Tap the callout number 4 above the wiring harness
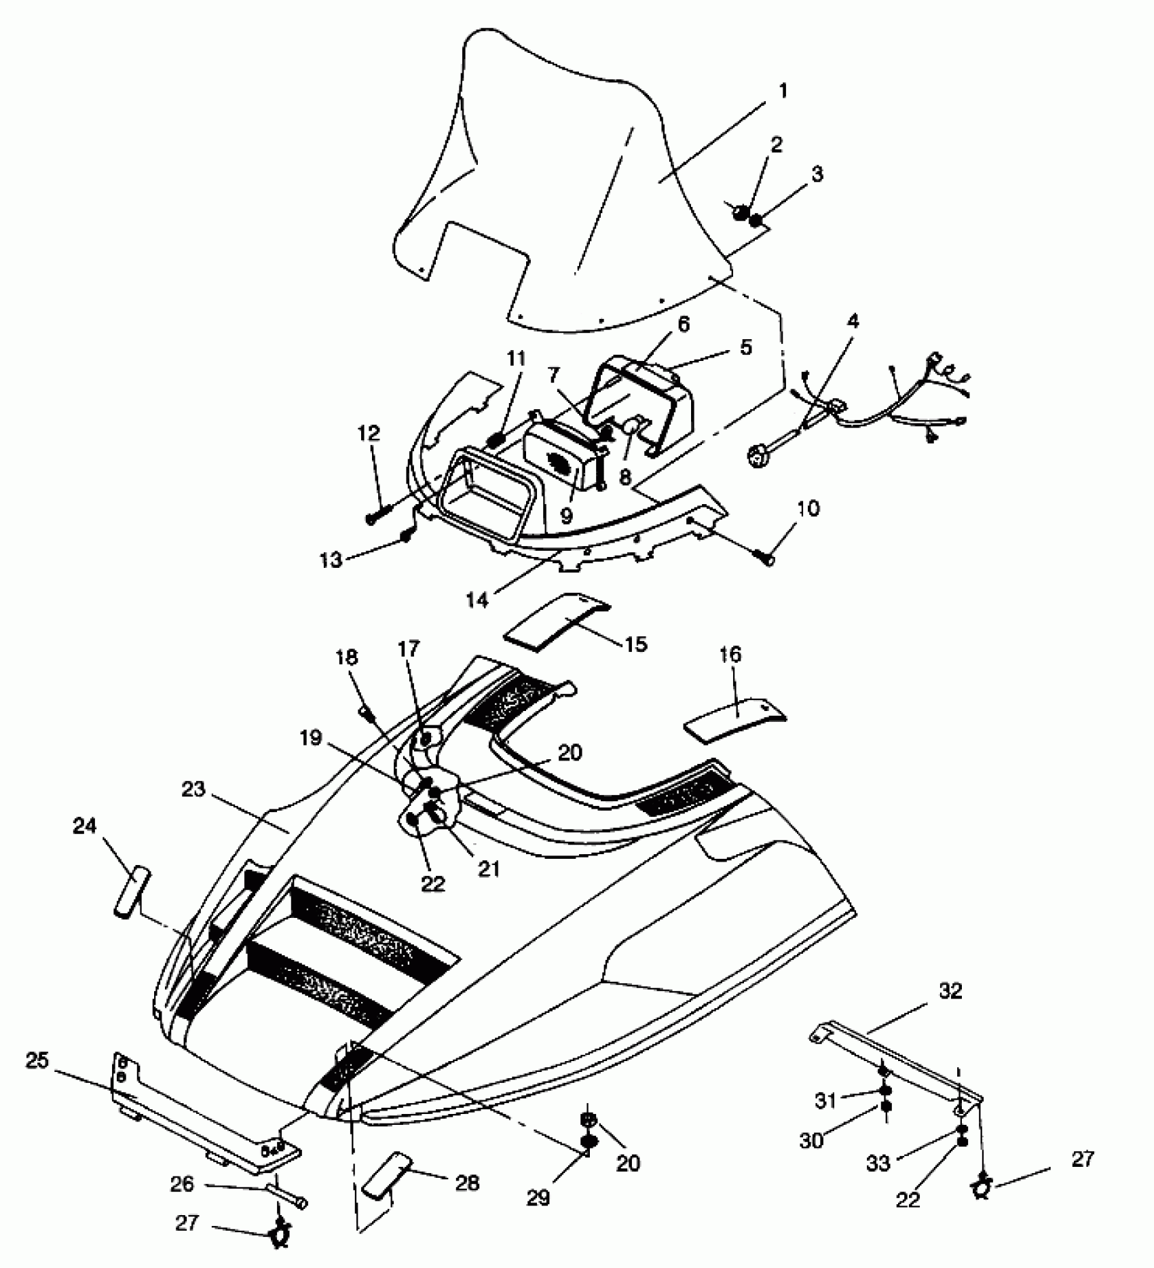click(x=852, y=321)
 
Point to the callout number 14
click(x=477, y=600)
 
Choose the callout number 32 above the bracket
click(x=950, y=991)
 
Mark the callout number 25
click(x=37, y=1060)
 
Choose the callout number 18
click(x=347, y=657)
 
